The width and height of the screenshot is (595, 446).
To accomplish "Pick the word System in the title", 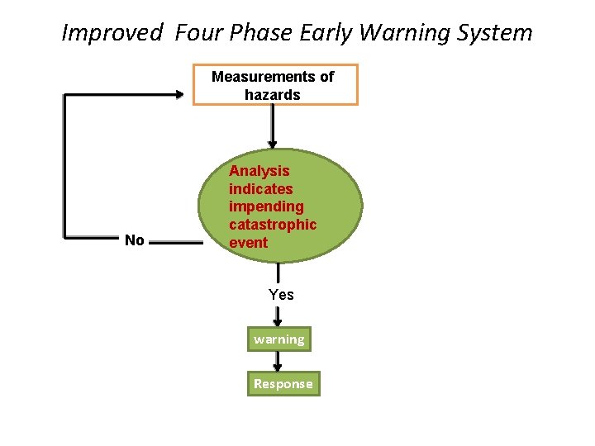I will click(x=499, y=33).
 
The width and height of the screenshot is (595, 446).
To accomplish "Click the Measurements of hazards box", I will click(x=275, y=85).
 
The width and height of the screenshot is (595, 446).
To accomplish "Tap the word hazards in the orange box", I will click(x=273, y=95).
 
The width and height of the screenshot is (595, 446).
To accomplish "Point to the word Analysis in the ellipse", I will click(x=259, y=171).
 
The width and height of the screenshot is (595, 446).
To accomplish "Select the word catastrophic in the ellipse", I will click(x=273, y=225).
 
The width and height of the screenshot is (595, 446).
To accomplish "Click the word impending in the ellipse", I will click(x=266, y=206).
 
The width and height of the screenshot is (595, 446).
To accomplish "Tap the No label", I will click(x=134, y=240).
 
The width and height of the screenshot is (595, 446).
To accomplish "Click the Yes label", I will click(x=281, y=295).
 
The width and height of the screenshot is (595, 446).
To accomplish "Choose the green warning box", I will click(x=278, y=339).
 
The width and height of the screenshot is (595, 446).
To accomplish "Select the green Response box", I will click(x=283, y=384).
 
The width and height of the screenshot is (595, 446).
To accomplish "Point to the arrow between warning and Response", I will click(x=278, y=361).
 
